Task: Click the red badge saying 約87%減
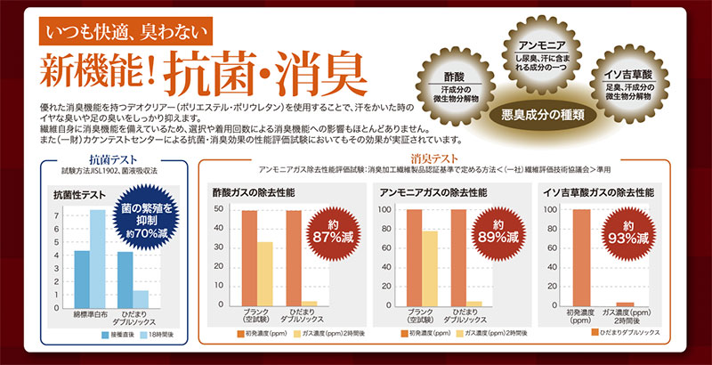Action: [330, 231]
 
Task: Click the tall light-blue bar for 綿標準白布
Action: [98, 258]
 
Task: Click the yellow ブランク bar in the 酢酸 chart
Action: [265, 272]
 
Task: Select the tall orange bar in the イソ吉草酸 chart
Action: [581, 257]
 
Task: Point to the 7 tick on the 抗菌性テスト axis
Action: [57, 216]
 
